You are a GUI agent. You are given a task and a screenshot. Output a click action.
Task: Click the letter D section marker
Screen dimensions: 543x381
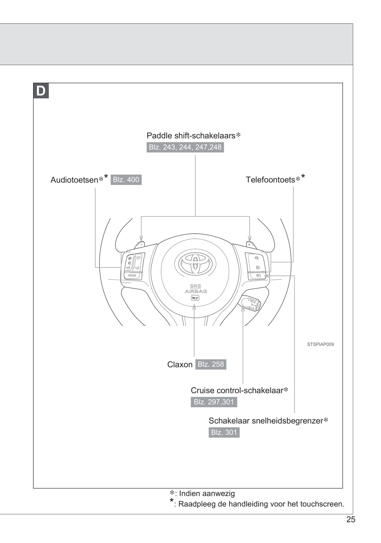click(41, 91)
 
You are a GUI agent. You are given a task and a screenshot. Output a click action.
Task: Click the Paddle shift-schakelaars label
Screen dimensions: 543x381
click(191, 135)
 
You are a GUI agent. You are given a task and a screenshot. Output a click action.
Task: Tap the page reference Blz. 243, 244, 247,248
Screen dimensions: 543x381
click(185, 147)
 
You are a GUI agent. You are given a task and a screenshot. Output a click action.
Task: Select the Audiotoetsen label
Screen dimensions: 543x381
click(75, 180)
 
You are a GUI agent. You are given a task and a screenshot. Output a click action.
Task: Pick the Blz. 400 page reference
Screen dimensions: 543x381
click(126, 180)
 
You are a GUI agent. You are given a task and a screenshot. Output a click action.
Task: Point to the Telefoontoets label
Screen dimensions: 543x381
click(271, 180)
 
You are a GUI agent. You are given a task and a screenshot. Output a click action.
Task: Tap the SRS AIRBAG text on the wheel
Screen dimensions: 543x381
click(196, 289)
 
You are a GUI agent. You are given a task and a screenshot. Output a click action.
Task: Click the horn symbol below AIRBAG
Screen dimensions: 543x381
click(195, 298)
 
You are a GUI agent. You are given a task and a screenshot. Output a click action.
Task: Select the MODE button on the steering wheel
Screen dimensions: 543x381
click(132, 275)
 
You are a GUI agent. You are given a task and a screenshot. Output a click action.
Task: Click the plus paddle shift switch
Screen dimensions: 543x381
click(250, 245)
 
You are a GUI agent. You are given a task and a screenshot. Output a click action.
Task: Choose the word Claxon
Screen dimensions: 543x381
click(180, 365)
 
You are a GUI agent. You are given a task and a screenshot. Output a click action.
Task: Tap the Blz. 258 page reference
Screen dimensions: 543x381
click(211, 364)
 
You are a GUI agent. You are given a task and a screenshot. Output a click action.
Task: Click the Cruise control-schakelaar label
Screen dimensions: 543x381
click(237, 391)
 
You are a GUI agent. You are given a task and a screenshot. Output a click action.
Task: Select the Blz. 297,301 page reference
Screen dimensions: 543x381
click(214, 402)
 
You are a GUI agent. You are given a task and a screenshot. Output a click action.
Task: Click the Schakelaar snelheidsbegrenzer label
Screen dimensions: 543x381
click(266, 421)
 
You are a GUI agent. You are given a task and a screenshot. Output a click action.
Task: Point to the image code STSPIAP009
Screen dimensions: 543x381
click(320, 344)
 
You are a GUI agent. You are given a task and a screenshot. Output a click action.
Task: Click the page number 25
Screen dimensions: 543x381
click(351, 519)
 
